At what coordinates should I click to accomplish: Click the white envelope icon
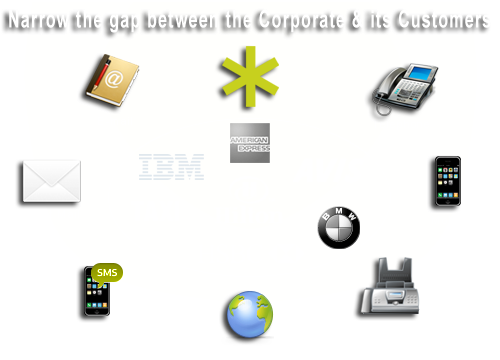tap(46, 184)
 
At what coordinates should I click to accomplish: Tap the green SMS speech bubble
tap(105, 273)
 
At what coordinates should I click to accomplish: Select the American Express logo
tap(249, 142)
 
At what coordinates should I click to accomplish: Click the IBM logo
tap(172, 167)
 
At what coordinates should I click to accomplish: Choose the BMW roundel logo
tap(338, 228)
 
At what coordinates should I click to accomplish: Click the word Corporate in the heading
tap(296, 20)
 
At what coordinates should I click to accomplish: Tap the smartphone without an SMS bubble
tap(443, 183)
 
